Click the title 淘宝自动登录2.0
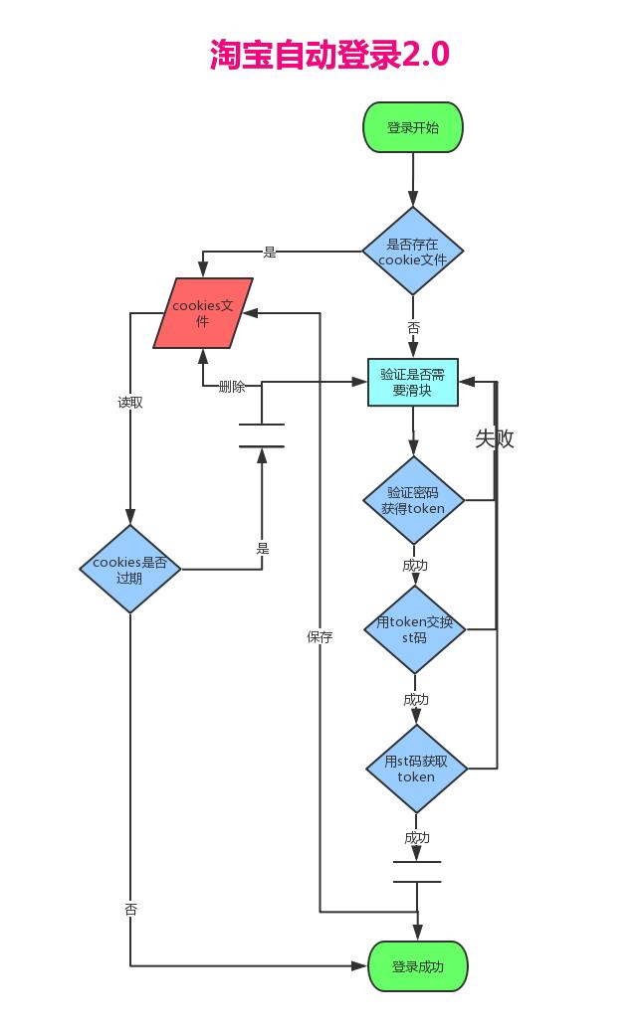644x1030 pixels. (x=329, y=55)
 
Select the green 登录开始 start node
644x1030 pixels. (x=412, y=127)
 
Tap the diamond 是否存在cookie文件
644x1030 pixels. (x=412, y=252)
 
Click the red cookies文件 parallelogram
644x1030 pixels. (x=202, y=313)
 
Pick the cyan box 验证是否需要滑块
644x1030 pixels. (x=412, y=383)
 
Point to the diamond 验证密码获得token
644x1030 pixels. (x=412, y=500)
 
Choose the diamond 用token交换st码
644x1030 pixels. (x=414, y=630)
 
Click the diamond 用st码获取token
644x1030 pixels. (x=416, y=769)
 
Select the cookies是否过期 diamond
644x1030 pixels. (x=130, y=570)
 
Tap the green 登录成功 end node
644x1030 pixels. (x=417, y=966)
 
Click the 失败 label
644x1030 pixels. (x=494, y=438)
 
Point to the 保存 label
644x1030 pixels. (x=320, y=637)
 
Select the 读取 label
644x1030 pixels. (x=130, y=403)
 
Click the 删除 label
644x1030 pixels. (x=232, y=387)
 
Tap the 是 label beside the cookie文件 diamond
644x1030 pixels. (x=270, y=253)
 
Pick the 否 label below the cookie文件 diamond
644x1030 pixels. (x=413, y=327)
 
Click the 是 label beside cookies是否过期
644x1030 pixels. (x=263, y=549)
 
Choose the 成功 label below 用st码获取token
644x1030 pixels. (x=417, y=838)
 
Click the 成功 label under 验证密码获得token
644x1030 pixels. (x=415, y=565)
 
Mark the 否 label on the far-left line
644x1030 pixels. (x=130, y=910)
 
